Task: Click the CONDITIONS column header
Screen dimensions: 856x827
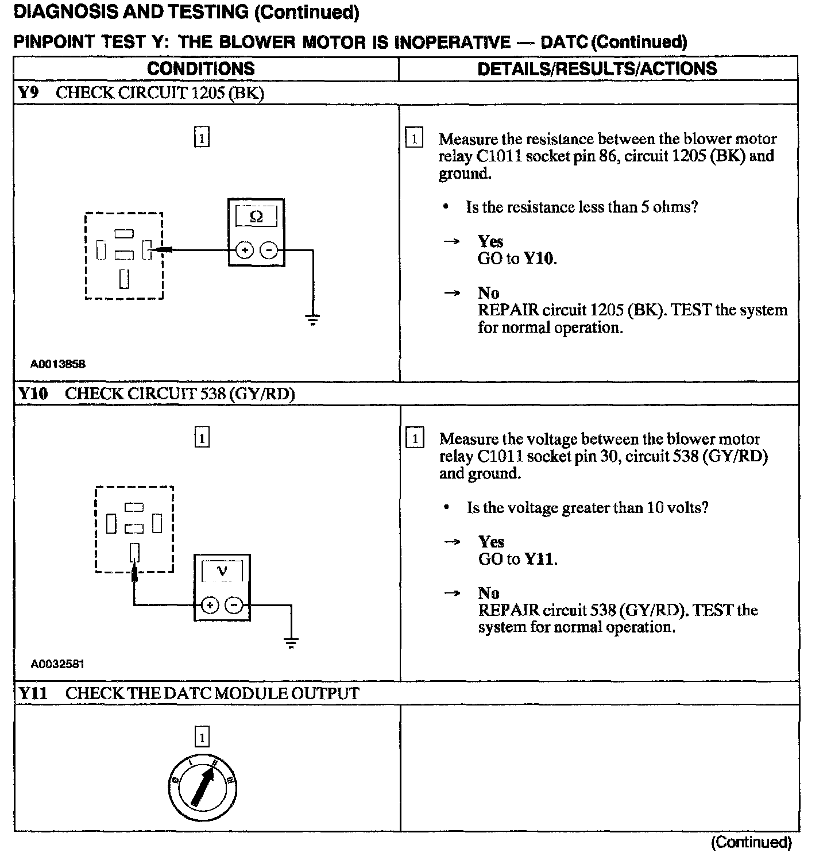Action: click(x=200, y=69)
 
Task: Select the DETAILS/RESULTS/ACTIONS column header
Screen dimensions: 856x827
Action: click(x=597, y=69)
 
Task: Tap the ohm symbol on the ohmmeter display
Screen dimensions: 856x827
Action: click(x=256, y=217)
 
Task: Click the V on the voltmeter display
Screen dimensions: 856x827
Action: click(x=222, y=571)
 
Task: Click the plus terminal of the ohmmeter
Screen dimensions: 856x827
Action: click(x=245, y=250)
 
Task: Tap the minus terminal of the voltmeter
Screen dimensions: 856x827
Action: click(x=233, y=605)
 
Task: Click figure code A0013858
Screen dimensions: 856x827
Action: click(x=58, y=364)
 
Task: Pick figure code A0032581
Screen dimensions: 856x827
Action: click(x=58, y=664)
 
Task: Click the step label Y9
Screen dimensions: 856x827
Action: click(x=28, y=93)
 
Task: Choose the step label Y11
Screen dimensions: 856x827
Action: click(x=33, y=693)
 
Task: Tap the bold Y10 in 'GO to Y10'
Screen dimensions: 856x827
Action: click(x=539, y=259)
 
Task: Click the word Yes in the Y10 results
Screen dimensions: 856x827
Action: click(x=491, y=541)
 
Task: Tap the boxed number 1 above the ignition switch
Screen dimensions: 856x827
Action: click(x=202, y=737)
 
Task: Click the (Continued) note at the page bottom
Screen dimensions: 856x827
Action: click(x=751, y=842)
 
